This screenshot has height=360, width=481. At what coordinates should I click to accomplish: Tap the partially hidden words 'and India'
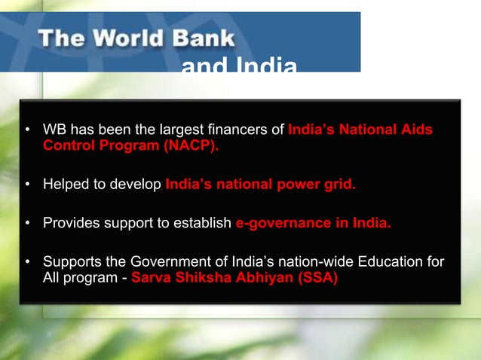(238, 67)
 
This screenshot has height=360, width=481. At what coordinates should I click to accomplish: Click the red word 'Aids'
(417, 130)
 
